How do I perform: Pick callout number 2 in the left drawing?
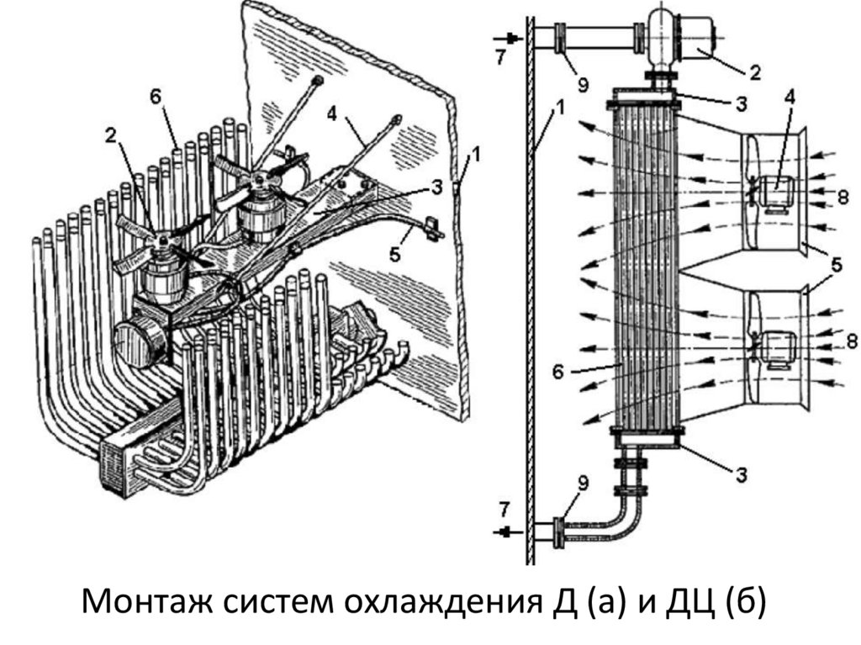[109, 134]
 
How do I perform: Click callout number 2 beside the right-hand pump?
[754, 73]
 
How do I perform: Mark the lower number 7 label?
[502, 507]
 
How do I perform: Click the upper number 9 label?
[584, 85]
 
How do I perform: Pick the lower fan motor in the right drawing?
[778, 347]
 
